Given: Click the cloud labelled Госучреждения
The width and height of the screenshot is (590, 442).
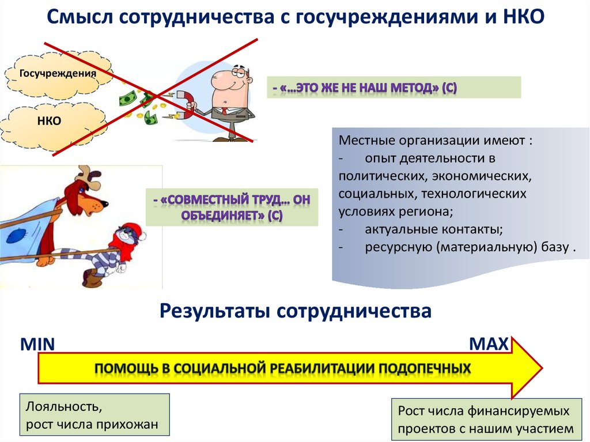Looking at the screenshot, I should [58, 74].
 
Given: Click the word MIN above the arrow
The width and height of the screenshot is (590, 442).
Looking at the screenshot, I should [37, 345].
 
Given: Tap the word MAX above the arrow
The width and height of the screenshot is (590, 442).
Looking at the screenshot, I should [489, 344].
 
